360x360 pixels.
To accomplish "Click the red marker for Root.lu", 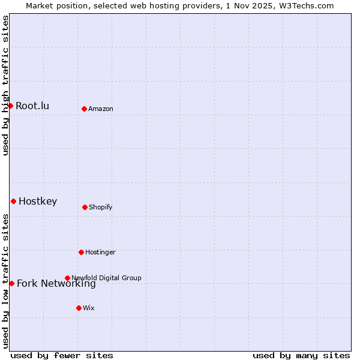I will tap(10, 106).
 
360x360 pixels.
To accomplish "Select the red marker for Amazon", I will tap(85, 109).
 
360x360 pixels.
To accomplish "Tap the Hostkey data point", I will tap(13, 201).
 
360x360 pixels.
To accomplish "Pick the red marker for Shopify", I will tap(85, 207).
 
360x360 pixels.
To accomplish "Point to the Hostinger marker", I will tap(81, 252).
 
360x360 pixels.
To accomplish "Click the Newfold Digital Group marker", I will tap(67, 278).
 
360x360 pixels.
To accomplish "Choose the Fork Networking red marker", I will tap(11, 283).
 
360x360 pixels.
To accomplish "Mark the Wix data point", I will tap(79, 308).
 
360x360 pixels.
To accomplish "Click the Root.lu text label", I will tap(32, 106).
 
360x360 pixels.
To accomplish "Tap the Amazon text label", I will tap(101, 109).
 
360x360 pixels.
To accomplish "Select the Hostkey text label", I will tap(38, 202).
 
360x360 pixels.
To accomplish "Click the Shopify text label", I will tap(100, 208).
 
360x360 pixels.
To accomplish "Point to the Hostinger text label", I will tap(100, 253).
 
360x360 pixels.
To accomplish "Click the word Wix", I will tap(89, 308).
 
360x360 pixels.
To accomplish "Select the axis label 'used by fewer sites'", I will tap(62, 355).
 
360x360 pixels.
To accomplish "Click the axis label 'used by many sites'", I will tap(301, 355).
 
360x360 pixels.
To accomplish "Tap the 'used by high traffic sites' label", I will tap(5, 85).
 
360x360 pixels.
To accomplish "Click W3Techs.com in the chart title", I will tap(305, 5).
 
